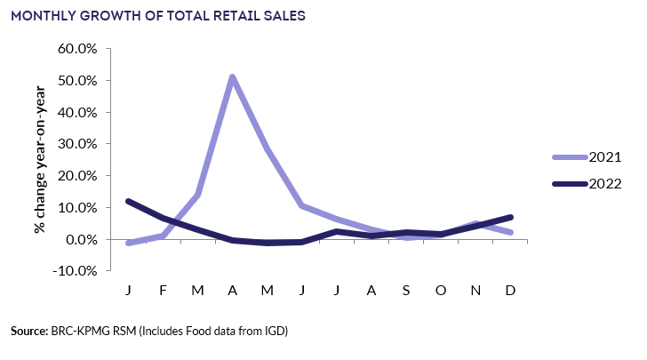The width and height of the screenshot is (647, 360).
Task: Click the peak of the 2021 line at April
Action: point(232,76)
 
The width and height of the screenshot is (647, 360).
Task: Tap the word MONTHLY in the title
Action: point(44,15)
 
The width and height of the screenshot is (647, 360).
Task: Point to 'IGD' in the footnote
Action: point(277,332)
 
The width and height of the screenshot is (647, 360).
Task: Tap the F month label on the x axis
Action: point(164,291)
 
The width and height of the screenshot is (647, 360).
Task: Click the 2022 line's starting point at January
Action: point(130,201)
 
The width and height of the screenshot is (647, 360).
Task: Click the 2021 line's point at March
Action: point(197,195)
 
